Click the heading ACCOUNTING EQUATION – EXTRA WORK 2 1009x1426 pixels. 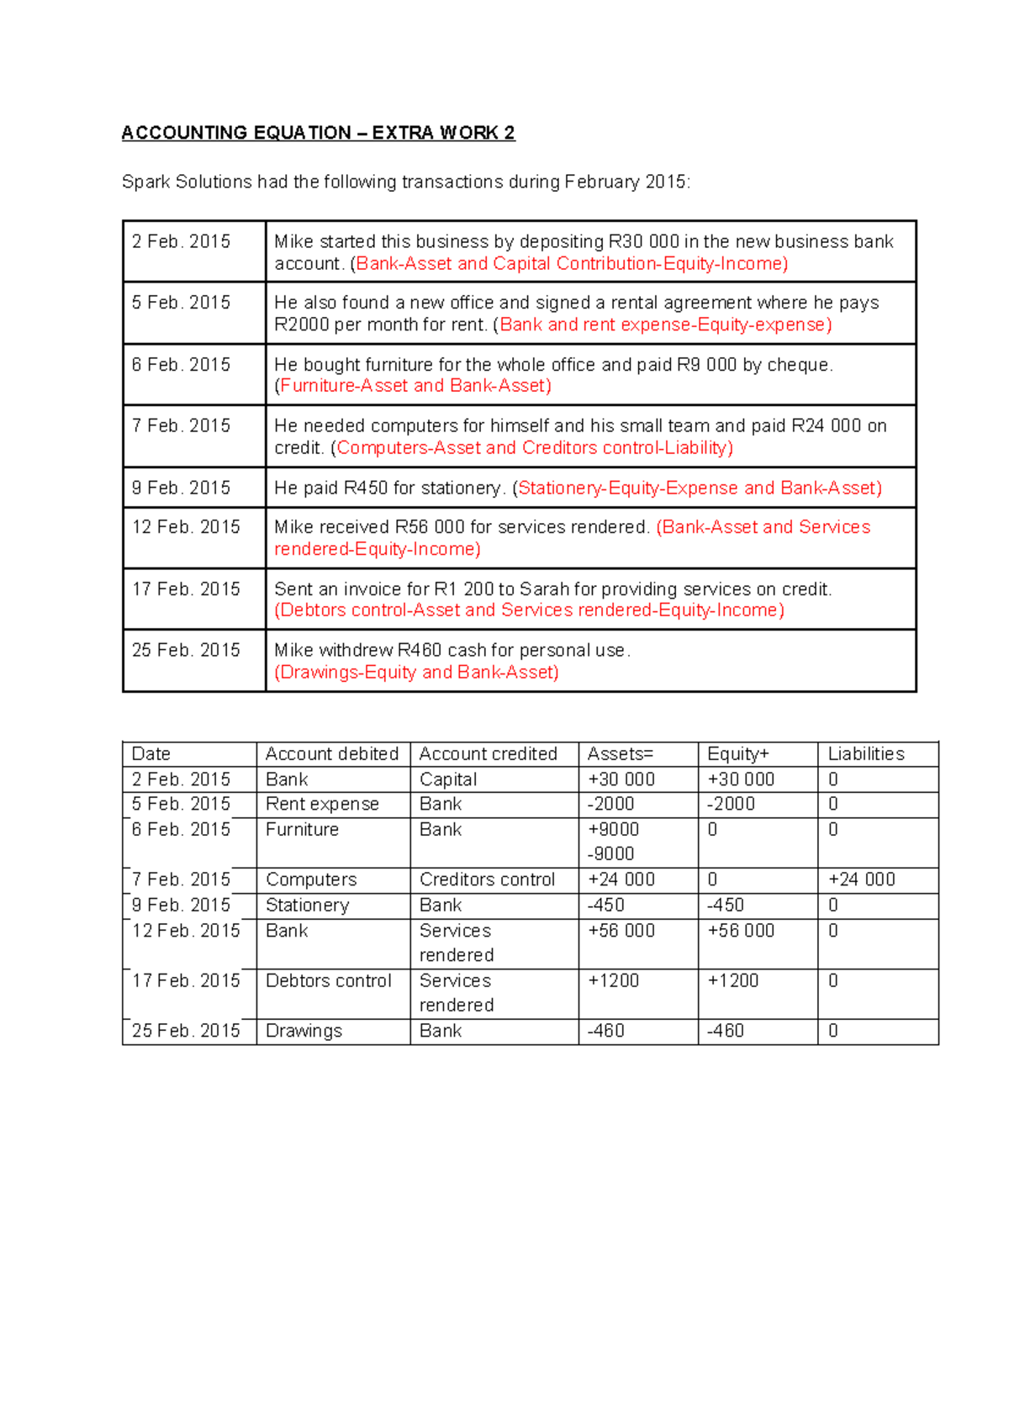click(x=318, y=133)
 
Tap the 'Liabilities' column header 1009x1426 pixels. click(x=865, y=753)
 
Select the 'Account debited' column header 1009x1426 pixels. click(x=331, y=753)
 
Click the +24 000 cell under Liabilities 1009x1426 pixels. click(x=861, y=879)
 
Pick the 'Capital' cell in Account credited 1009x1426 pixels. click(x=448, y=779)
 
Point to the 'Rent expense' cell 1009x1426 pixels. click(x=322, y=804)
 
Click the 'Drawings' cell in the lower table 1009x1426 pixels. click(x=304, y=1031)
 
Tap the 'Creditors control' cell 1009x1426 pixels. click(x=487, y=879)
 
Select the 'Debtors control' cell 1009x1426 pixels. click(x=328, y=980)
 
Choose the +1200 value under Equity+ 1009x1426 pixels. click(x=732, y=980)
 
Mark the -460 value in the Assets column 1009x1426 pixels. click(x=605, y=1031)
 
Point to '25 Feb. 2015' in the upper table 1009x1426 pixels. click(x=186, y=650)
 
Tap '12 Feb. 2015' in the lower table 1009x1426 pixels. click(x=186, y=931)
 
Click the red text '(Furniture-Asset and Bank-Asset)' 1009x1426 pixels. click(x=414, y=386)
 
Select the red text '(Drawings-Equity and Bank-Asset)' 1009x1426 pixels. click(x=417, y=673)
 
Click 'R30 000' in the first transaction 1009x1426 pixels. click(x=643, y=242)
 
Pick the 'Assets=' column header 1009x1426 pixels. click(x=620, y=753)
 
